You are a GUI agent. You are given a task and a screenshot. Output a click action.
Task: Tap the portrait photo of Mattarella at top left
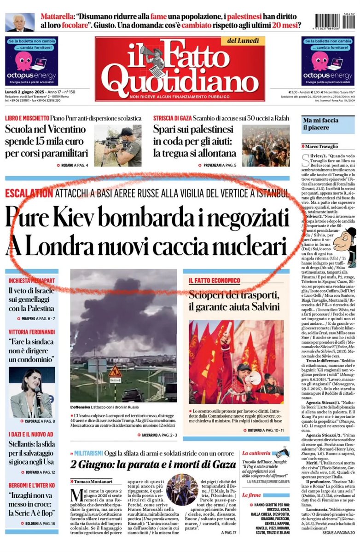[20, 22]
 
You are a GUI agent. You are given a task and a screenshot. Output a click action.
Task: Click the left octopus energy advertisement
[31, 61]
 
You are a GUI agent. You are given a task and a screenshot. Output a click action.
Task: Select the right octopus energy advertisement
[328, 61]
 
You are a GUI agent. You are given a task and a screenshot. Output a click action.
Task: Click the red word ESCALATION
[29, 193]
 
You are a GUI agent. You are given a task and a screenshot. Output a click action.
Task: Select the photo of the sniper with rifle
[118, 145]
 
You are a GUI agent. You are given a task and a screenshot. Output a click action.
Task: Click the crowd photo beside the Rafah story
[266, 145]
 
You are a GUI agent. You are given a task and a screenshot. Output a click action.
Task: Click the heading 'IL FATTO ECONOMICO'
[214, 280]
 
